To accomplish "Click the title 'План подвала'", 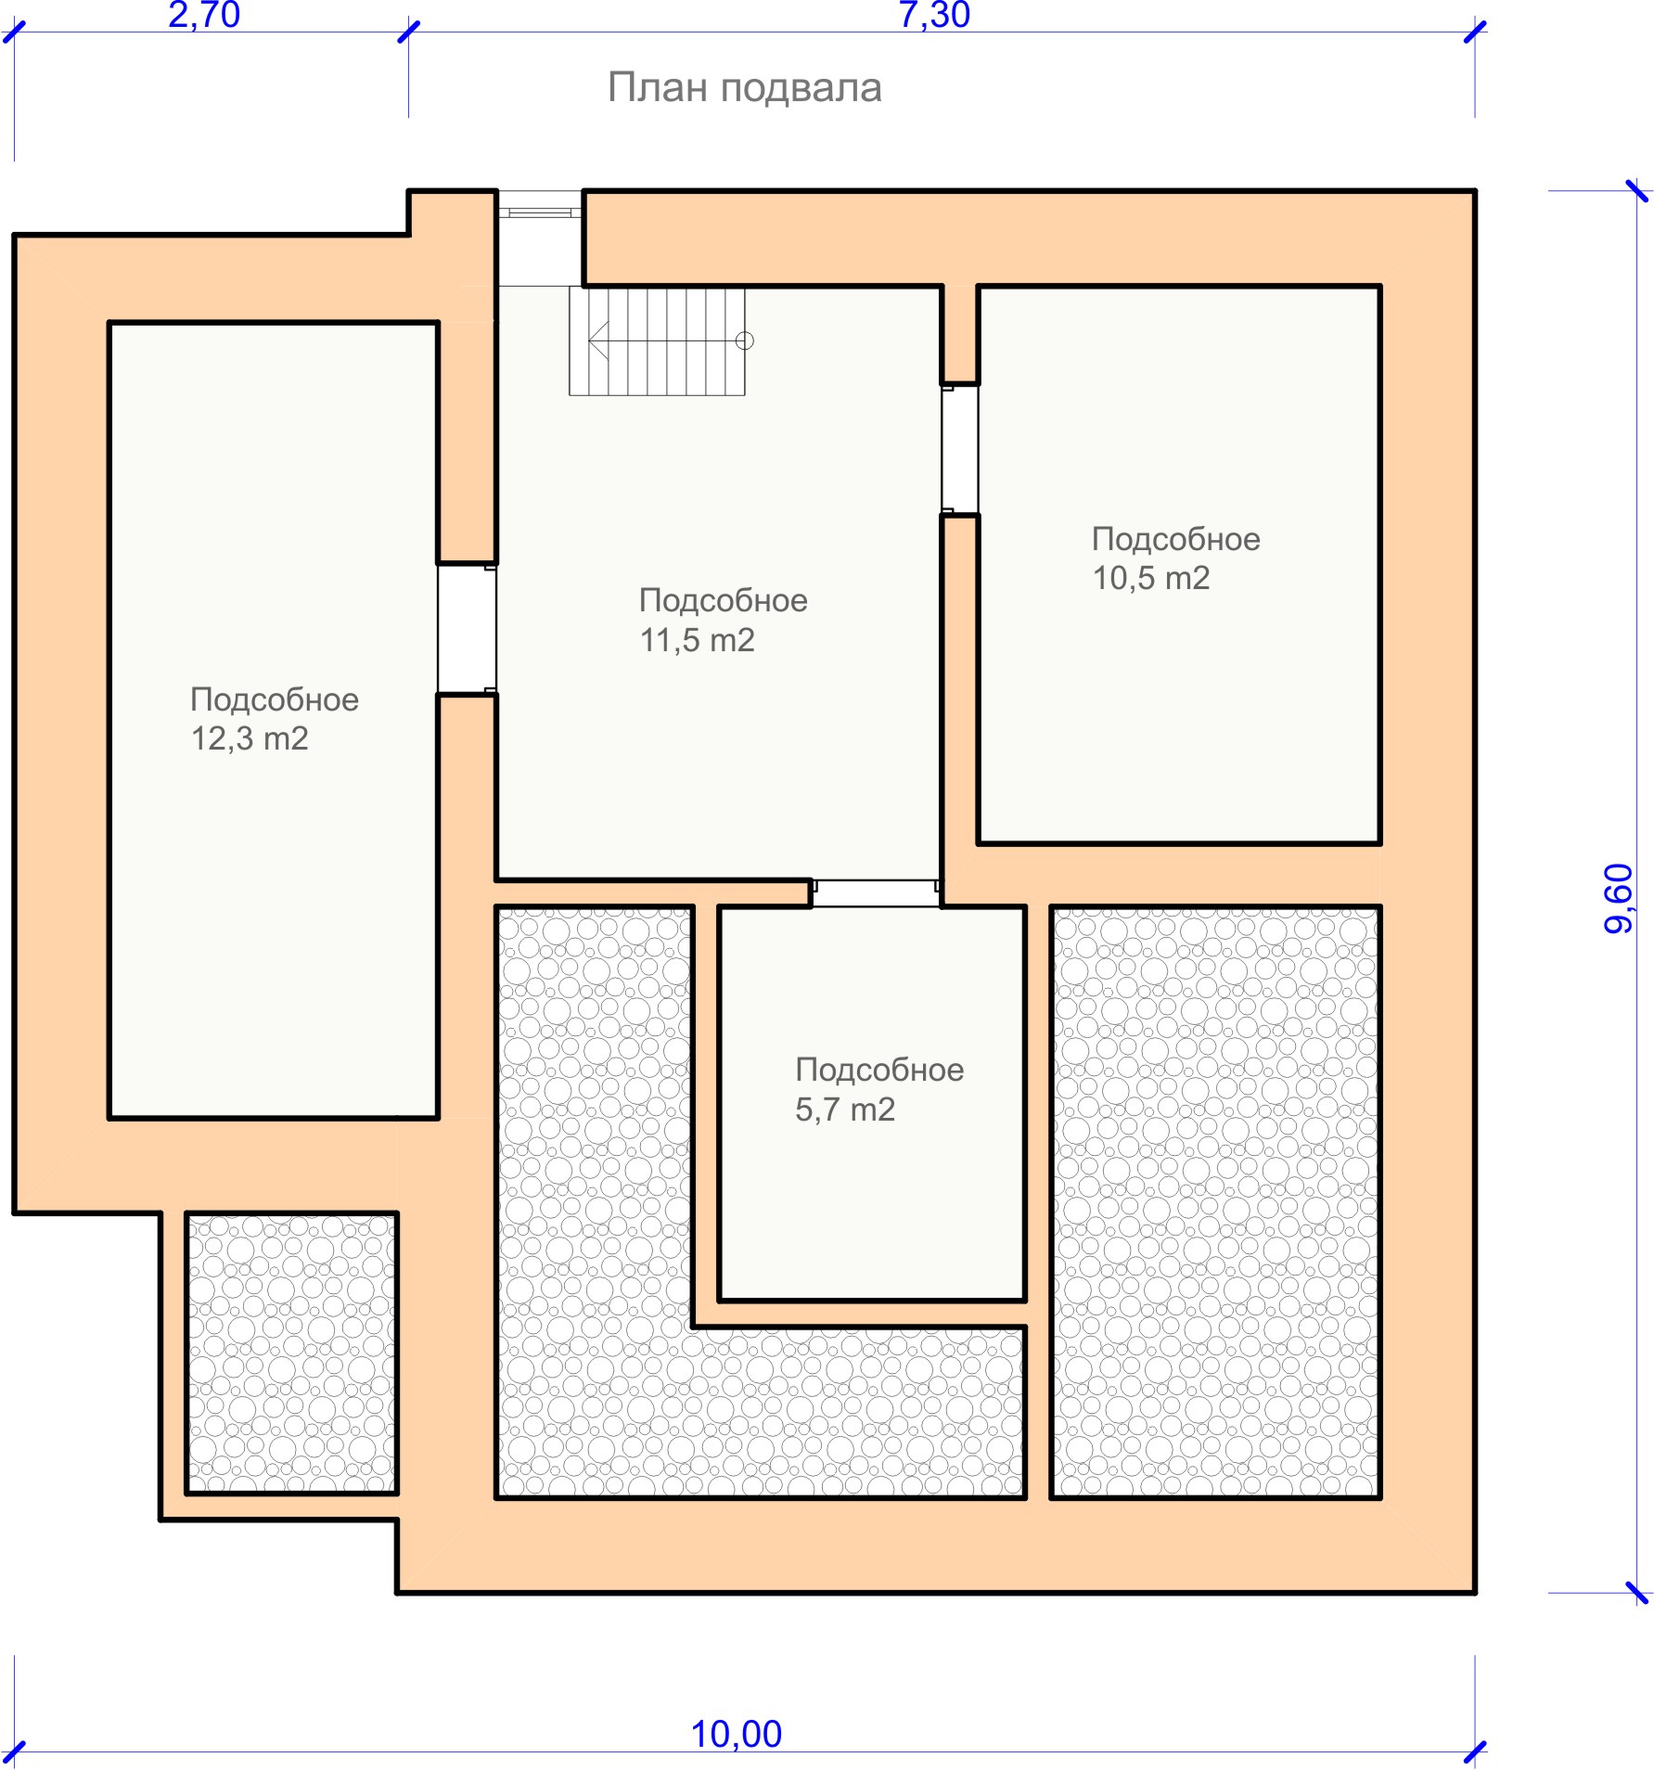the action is [744, 88].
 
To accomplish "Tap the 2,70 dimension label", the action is [204, 15].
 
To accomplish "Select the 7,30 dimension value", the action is [934, 15].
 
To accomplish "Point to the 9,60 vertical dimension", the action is [1619, 898].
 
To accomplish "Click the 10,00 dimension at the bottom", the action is [737, 1734].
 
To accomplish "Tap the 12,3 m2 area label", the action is [250, 738].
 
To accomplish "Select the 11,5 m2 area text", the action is [698, 640].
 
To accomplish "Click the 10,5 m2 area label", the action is [1151, 578].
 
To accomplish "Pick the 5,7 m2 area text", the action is [845, 1109].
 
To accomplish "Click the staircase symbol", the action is [657, 340].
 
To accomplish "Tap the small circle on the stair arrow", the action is [744, 340].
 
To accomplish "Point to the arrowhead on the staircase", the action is [598, 340].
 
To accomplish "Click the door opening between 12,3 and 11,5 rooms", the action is [467, 629].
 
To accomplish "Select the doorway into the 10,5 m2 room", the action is [959, 449].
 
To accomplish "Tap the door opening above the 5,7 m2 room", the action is [876, 893].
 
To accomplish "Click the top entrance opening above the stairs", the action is [541, 237].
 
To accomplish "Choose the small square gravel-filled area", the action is [292, 1353].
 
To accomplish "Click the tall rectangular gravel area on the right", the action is [1215, 1202].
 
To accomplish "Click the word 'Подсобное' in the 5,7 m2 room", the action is [879, 1070].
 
